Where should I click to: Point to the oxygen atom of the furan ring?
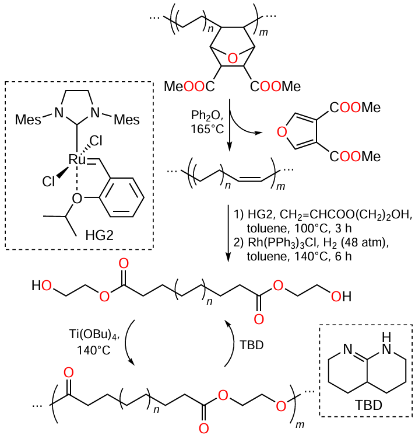pyautogui.click(x=282, y=133)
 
